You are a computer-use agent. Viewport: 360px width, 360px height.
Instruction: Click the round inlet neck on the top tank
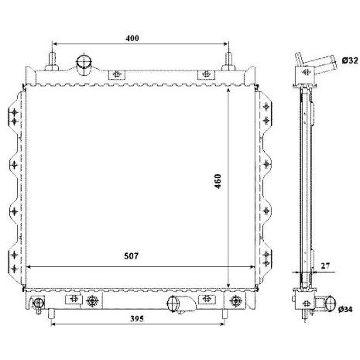[84, 62]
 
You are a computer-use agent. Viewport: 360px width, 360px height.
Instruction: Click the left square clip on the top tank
[117, 74]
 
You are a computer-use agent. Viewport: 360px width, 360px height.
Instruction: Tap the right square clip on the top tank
[205, 74]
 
